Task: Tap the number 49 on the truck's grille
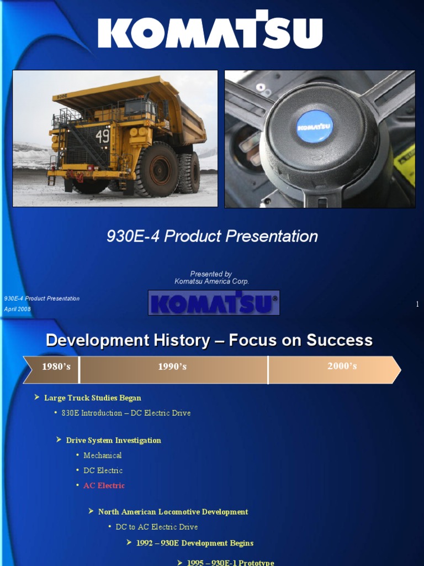[x=102, y=135]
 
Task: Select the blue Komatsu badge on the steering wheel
[x=314, y=127]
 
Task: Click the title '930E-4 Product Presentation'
[x=212, y=237]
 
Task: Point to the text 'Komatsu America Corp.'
[x=211, y=281]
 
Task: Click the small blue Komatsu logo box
[x=214, y=303]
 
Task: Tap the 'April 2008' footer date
[x=18, y=309]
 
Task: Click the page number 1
[x=417, y=304]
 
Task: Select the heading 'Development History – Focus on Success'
[x=209, y=340]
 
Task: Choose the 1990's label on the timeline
[x=172, y=366]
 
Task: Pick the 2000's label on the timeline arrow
[x=342, y=366]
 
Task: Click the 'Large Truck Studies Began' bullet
[x=92, y=398]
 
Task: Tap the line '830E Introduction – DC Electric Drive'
[x=126, y=413]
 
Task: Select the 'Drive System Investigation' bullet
[x=113, y=441]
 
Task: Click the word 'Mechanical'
[x=103, y=455]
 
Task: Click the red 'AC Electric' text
[x=104, y=485]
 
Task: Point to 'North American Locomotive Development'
[x=173, y=512]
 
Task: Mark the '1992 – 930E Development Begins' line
[x=195, y=543]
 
